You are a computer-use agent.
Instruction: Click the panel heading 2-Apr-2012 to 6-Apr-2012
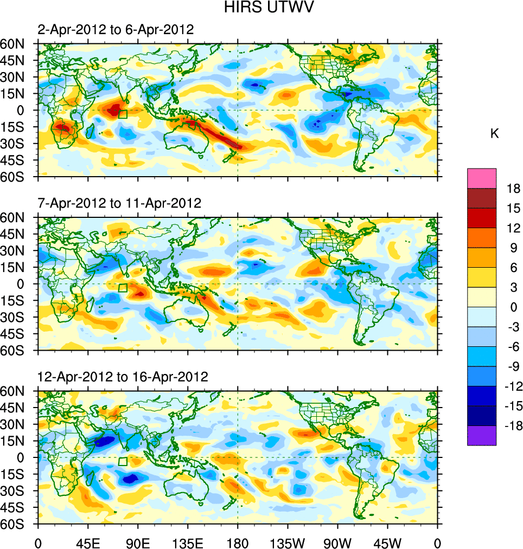coord(116,30)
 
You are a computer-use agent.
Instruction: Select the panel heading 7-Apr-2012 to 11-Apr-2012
coord(119,203)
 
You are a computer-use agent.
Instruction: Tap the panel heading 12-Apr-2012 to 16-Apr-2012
coord(123,377)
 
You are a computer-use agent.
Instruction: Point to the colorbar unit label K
coord(494,134)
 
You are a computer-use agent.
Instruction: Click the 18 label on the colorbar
coord(513,189)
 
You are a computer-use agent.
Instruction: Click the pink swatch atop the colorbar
coord(482,178)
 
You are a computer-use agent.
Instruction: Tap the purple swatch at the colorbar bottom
coord(482,436)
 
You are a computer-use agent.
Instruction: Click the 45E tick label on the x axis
coord(88,542)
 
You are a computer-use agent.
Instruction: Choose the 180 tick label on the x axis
coord(238,542)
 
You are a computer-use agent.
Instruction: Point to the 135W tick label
coord(288,542)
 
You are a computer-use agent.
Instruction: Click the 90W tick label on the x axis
coord(337,542)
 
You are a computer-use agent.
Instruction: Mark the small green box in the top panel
coord(123,114)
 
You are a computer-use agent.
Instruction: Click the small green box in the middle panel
coord(123,288)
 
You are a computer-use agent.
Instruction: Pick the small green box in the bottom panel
coord(123,461)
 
